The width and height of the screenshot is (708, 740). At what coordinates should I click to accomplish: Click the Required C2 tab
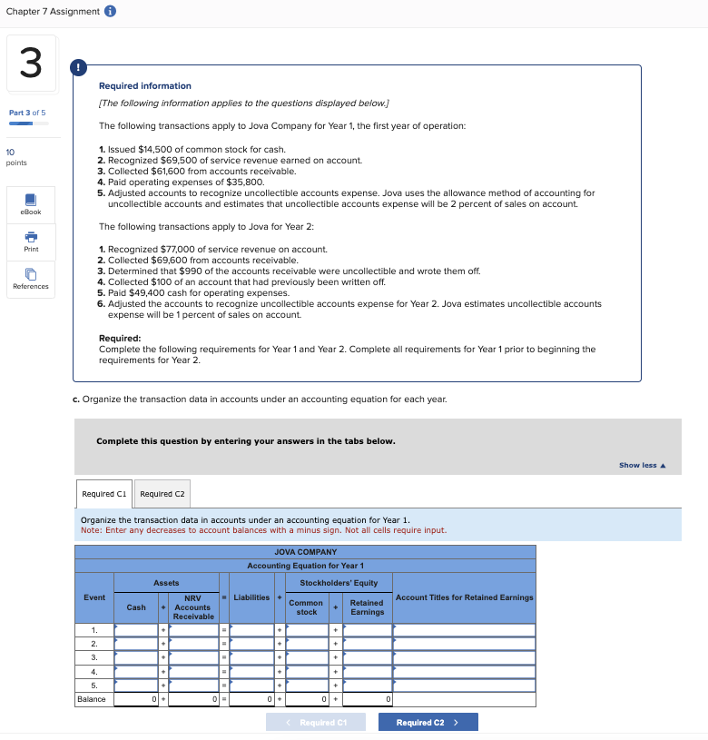(x=162, y=494)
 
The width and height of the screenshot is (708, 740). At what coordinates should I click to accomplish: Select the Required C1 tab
(x=104, y=494)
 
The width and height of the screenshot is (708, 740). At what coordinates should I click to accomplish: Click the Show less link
(x=642, y=466)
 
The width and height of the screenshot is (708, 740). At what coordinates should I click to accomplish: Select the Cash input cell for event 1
(x=136, y=629)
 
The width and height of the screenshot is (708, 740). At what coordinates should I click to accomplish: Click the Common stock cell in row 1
(x=307, y=629)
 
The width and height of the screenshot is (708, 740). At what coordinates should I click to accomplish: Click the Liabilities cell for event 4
(x=251, y=672)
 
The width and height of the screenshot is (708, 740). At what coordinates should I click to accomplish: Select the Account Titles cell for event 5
(x=464, y=686)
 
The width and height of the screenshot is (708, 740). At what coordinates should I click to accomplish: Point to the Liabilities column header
(x=251, y=597)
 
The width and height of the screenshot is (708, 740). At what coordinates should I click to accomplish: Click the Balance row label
(x=92, y=699)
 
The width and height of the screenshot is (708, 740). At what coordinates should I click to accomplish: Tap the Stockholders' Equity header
(x=325, y=583)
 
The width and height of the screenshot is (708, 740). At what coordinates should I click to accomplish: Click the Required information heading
(x=144, y=85)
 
